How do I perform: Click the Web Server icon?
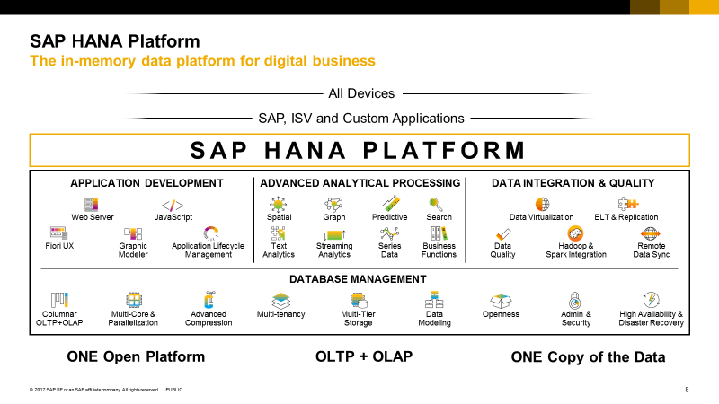point(91,204)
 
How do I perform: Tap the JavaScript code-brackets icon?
point(173,204)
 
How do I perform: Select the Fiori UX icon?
point(59,233)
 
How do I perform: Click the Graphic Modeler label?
point(133,250)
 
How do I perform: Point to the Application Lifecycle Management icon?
point(210,233)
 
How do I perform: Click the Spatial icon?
point(280,204)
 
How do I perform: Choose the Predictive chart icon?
point(390,204)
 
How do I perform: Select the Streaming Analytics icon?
point(333,233)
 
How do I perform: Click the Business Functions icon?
point(439,233)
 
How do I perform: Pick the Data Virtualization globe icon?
point(542,204)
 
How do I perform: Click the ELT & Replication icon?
point(626,204)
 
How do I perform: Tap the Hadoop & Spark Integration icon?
point(575,233)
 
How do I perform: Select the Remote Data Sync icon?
point(651,233)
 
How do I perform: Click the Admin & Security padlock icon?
point(576,299)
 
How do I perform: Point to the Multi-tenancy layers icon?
point(281,299)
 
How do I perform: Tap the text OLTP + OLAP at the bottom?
point(364,357)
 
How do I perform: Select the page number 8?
point(687,390)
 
